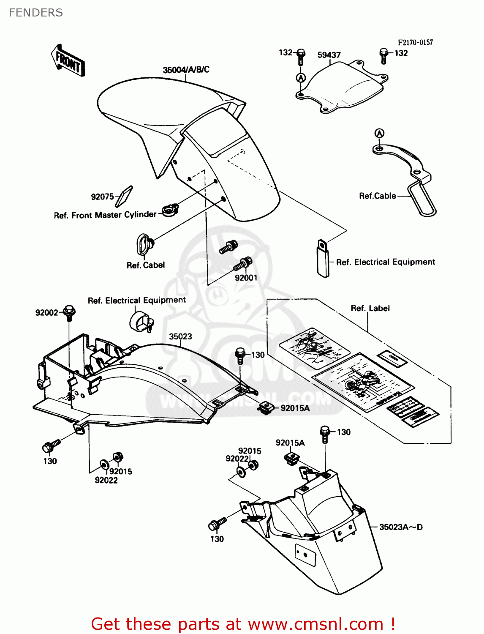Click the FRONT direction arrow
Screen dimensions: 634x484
coord(68,60)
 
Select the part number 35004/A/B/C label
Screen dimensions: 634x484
coord(186,70)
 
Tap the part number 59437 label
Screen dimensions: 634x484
coord(329,55)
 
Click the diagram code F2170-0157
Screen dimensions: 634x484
coord(415,42)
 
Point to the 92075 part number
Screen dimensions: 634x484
coord(102,197)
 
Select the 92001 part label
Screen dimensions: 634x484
coord(246,278)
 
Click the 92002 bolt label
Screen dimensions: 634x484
coord(46,312)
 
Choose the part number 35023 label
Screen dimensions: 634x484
coord(180,336)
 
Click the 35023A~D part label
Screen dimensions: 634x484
coord(400,527)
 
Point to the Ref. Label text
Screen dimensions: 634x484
coord(370,308)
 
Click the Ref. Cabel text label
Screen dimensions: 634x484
coord(146,265)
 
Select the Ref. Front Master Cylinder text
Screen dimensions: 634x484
coord(105,215)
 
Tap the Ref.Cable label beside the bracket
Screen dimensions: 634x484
coord(377,196)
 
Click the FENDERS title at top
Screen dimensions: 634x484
coord(36,13)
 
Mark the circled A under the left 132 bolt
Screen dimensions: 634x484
coord(301,78)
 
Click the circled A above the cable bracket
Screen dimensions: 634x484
coord(380,134)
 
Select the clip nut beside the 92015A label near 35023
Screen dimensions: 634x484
coord(265,408)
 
